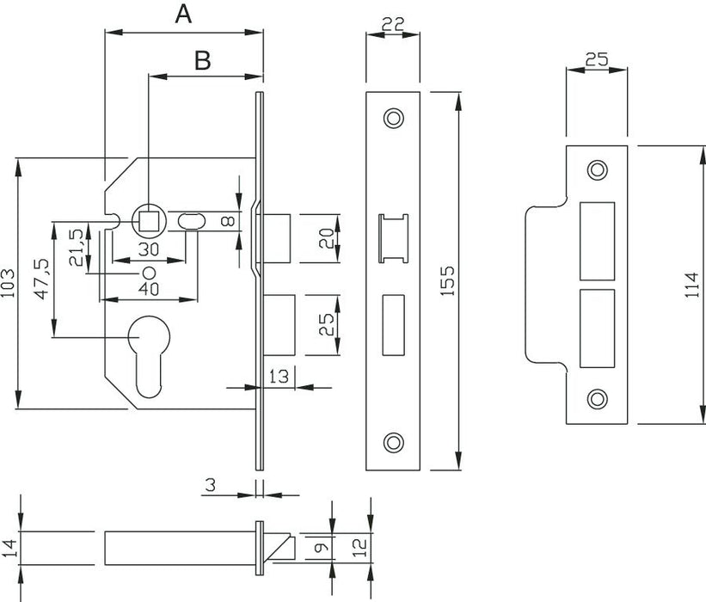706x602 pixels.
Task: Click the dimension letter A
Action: [x=182, y=15]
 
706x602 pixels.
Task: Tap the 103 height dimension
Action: [x=9, y=283]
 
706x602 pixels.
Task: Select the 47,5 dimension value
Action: [x=40, y=277]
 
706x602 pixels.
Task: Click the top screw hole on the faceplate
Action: [x=393, y=116]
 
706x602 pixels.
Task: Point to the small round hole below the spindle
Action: [x=148, y=272]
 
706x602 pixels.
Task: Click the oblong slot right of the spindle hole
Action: [x=191, y=221]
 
